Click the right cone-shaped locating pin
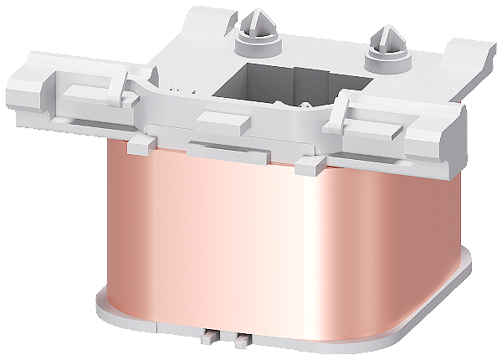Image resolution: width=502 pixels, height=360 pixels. (x=389, y=37)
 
